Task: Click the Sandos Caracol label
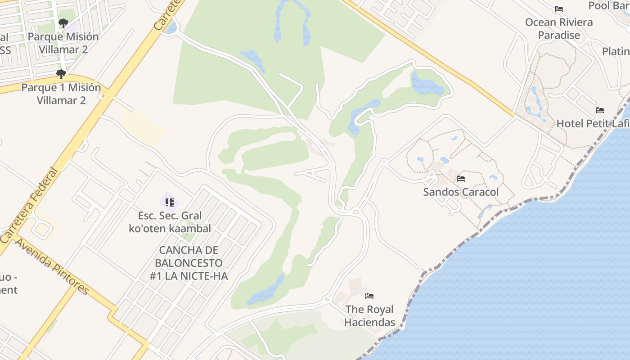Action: [x=461, y=192]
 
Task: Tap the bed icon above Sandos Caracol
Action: [x=461, y=179]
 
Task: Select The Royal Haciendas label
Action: [x=369, y=316]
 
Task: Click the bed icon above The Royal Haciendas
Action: [x=369, y=296]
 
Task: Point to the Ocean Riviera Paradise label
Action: [x=559, y=28]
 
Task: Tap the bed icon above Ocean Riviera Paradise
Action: [x=559, y=9]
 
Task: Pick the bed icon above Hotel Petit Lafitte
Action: [x=600, y=110]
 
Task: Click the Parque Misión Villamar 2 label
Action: [x=63, y=43]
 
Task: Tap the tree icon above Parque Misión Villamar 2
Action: [x=63, y=23]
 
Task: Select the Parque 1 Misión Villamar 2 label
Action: [x=61, y=94]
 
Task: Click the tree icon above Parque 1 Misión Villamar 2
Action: [x=61, y=74]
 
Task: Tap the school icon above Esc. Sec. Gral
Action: [x=170, y=202]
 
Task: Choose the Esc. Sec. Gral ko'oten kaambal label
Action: [x=170, y=222]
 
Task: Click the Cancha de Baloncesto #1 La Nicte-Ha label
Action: [x=189, y=263]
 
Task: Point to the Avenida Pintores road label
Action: [x=52, y=266]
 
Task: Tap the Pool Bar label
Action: [x=608, y=5]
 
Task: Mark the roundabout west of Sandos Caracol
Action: [x=355, y=211]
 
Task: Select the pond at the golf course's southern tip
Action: [x=265, y=290]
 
